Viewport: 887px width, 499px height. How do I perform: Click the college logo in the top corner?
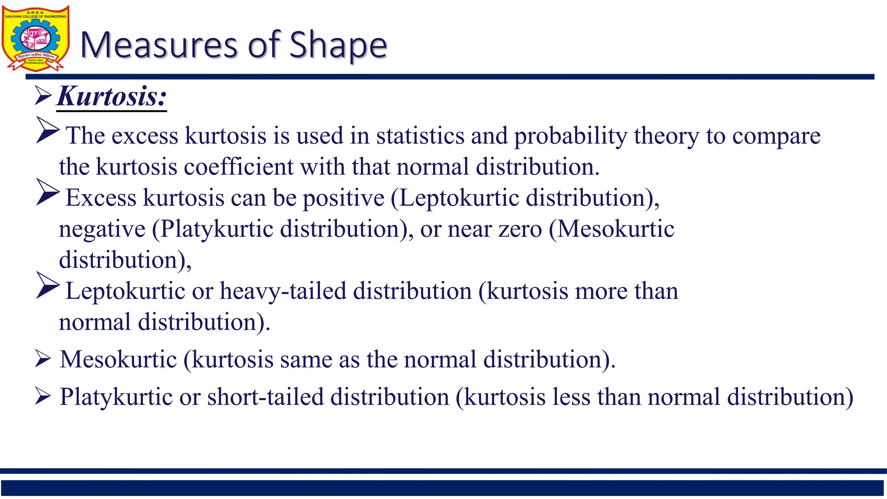pyautogui.click(x=36, y=38)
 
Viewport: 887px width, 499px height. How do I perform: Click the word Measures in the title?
pyautogui.click(x=159, y=45)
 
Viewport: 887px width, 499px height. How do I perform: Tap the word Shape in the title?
pyautogui.click(x=338, y=45)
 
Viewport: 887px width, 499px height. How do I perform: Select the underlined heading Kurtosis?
pyautogui.click(x=112, y=96)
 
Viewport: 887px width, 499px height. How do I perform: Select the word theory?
pyautogui.click(x=667, y=136)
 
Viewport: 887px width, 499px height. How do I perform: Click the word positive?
pyautogui.click(x=343, y=198)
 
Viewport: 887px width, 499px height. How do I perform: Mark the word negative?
pyautogui.click(x=102, y=230)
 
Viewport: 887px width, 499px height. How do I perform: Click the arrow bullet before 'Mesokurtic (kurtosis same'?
pyautogui.click(x=43, y=359)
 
